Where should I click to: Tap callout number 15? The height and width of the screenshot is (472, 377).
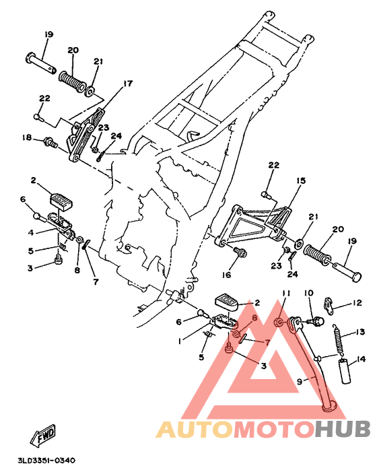pos(301,181)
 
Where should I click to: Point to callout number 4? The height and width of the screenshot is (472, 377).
pos(31,232)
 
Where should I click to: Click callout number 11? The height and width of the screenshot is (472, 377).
pos(285,294)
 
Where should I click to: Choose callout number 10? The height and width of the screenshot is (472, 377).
pos(309,294)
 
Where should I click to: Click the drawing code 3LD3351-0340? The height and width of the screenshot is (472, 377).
pos(46,461)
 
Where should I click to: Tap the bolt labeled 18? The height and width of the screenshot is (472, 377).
pos(50,141)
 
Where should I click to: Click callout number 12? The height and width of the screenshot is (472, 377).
pos(357,304)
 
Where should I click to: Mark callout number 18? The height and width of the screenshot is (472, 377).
pos(26,138)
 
